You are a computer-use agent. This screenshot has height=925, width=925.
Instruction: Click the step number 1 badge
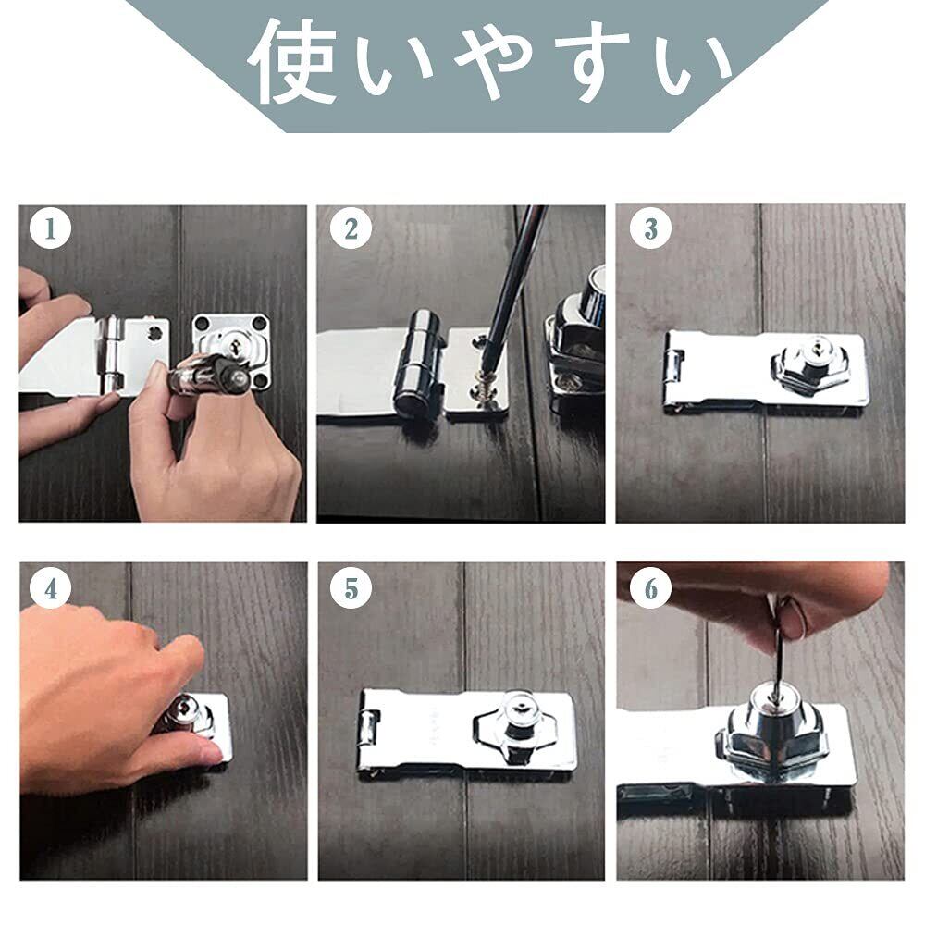coord(50,228)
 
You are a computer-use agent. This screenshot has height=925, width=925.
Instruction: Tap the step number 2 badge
coord(351,228)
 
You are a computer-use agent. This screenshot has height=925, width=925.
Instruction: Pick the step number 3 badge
coord(650,228)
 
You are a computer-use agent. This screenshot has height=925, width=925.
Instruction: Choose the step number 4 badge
coord(51,588)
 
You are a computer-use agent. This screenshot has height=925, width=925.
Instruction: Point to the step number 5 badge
coord(351,588)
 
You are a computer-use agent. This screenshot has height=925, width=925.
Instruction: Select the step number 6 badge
coord(650,588)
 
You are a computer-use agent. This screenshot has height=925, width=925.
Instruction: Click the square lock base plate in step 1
coord(232,351)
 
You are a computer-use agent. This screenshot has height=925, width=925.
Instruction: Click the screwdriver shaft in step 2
coord(512,277)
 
